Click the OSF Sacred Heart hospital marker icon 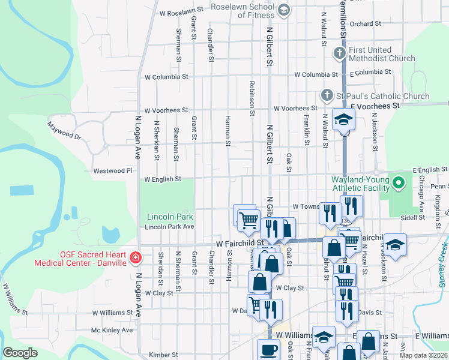[136, 259]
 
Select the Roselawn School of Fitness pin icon [284, 10]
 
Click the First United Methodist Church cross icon [339, 54]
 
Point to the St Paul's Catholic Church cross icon [327, 95]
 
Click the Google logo [20, 353]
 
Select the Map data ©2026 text [424, 355]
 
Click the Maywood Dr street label [64, 131]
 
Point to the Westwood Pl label [112, 171]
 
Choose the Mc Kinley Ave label [112, 330]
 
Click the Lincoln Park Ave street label [170, 227]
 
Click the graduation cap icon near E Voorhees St [344, 120]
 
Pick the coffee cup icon [268, 350]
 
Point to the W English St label [163, 179]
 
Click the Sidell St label [413, 218]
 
